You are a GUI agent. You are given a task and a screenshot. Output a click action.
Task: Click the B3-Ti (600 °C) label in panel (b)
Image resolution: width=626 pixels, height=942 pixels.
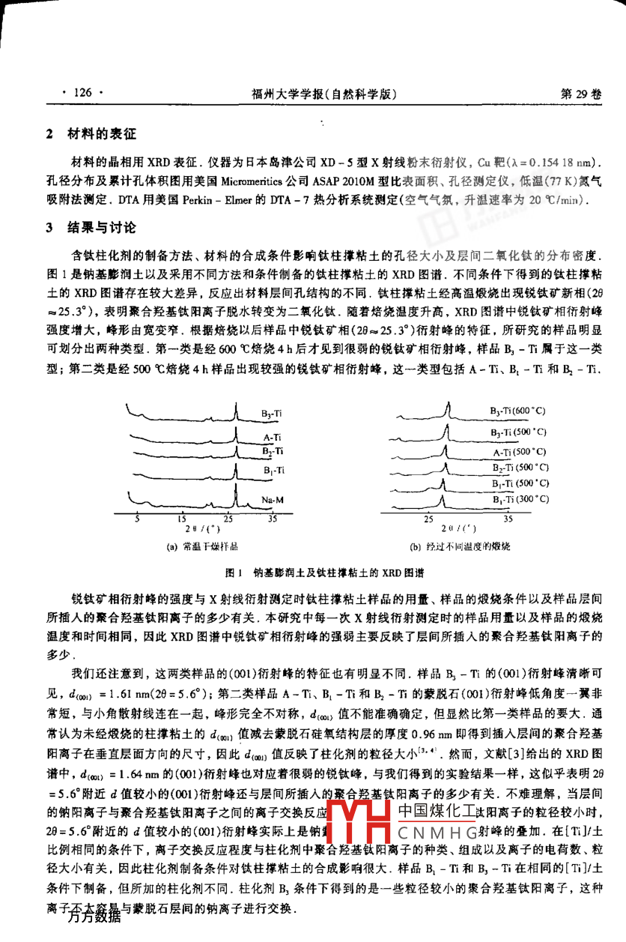[517, 411]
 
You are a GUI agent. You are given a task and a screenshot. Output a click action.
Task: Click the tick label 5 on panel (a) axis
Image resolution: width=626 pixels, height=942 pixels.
[137, 518]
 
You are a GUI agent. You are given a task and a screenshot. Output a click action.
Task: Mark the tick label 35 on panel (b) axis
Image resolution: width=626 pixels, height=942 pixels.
[508, 518]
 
